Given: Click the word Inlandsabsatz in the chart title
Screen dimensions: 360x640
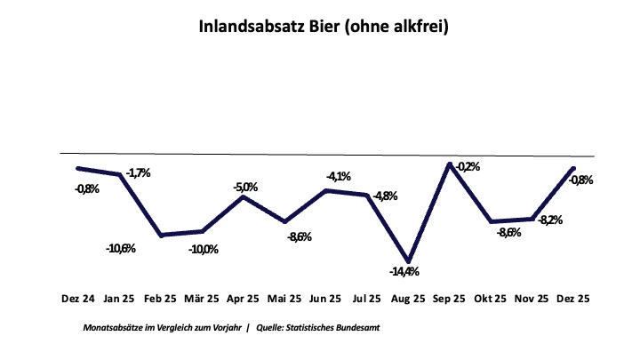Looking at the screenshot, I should [x=250, y=28].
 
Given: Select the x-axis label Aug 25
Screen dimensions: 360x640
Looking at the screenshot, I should [x=409, y=300].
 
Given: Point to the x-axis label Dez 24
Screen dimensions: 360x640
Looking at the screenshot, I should [x=78, y=300].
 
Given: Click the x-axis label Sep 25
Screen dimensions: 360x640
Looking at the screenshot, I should [x=451, y=300].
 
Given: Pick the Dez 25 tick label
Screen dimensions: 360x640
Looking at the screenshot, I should [x=574, y=300].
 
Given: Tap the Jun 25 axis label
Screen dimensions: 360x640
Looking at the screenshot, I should [x=326, y=300].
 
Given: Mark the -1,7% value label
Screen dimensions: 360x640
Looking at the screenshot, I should [x=139, y=172].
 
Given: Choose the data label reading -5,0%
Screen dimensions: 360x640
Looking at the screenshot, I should [x=245, y=187].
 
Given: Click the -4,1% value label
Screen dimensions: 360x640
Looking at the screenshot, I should [x=339, y=176].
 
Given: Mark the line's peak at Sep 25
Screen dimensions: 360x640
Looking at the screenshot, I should [x=451, y=164].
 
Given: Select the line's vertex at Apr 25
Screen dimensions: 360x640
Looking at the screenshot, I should [x=244, y=196].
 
